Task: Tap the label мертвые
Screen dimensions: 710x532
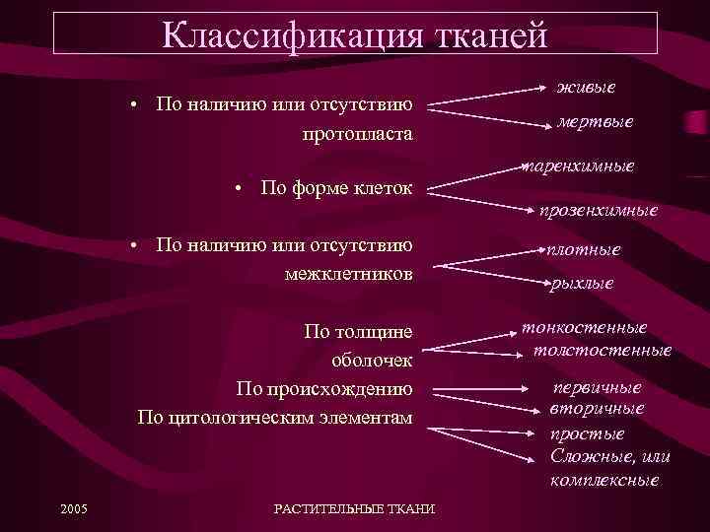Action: tap(595, 122)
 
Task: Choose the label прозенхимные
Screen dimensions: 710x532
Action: tap(598, 210)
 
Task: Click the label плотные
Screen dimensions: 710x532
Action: tap(585, 249)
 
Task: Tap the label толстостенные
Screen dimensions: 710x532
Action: tap(602, 350)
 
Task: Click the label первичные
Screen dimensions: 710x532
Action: tap(597, 387)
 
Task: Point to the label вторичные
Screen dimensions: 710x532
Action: tap(598, 408)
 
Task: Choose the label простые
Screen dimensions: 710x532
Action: tap(587, 433)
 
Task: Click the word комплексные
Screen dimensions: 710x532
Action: tap(604, 481)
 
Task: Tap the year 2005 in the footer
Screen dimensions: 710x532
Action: tap(73, 508)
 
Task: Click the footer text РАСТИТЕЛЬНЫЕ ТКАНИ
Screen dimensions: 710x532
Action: tap(353, 508)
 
